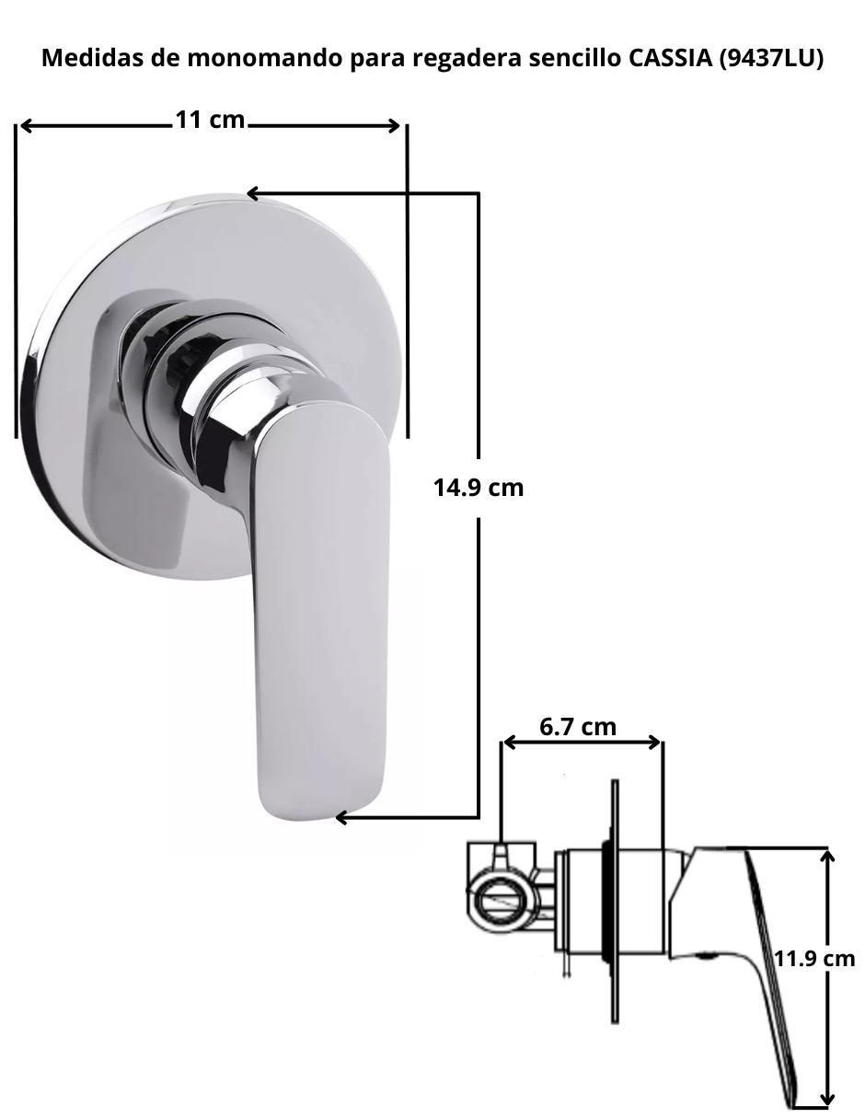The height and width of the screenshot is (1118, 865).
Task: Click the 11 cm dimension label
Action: [x=210, y=120]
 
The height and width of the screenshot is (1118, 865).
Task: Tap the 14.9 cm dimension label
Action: [x=479, y=488]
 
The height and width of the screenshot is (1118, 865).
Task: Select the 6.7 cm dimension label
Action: [x=578, y=727]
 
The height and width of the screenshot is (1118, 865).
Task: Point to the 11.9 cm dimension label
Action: [x=814, y=959]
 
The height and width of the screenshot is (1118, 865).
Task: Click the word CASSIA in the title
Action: [x=670, y=58]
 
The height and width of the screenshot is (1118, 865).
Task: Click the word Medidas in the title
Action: [x=93, y=58]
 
